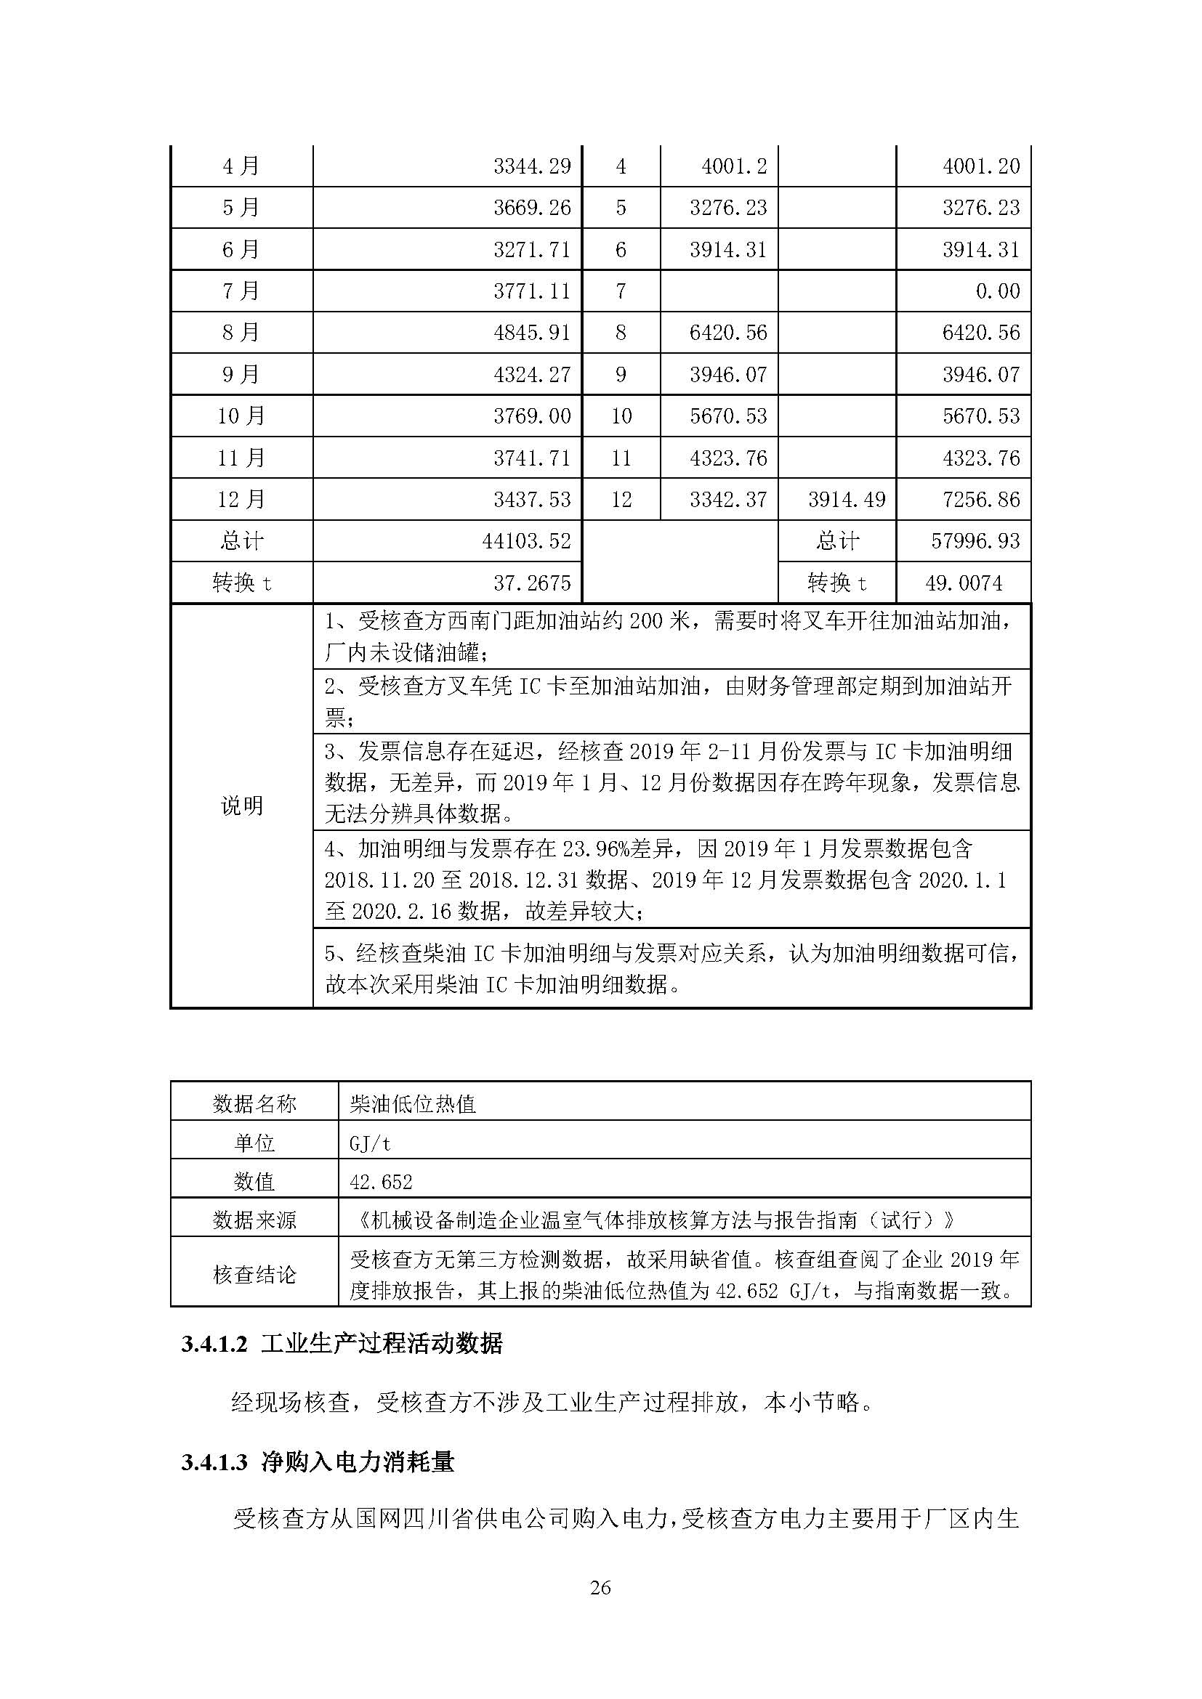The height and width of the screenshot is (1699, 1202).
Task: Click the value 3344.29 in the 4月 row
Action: tap(532, 166)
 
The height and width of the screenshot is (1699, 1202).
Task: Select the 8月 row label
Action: tap(241, 332)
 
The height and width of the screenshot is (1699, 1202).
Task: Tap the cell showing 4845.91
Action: tap(532, 332)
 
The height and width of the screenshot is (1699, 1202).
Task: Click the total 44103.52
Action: tap(526, 541)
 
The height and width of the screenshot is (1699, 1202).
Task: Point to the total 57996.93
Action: tap(975, 541)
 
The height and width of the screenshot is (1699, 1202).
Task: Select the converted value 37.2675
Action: tap(532, 583)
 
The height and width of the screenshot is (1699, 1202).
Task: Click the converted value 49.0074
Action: tap(964, 583)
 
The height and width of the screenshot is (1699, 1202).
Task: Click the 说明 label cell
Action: tap(241, 806)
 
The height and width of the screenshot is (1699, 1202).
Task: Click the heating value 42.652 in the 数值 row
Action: tap(380, 1182)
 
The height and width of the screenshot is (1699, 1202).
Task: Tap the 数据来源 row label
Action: tap(254, 1220)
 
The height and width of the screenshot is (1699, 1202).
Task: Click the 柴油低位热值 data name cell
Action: tap(412, 1104)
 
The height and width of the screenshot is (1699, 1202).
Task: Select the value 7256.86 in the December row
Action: tap(980, 500)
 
